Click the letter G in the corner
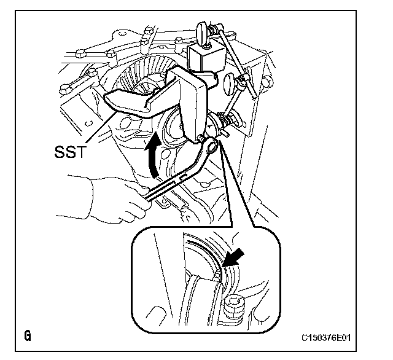(x=28, y=336)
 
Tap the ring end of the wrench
(x=209, y=146)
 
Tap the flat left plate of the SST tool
(x=132, y=101)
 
